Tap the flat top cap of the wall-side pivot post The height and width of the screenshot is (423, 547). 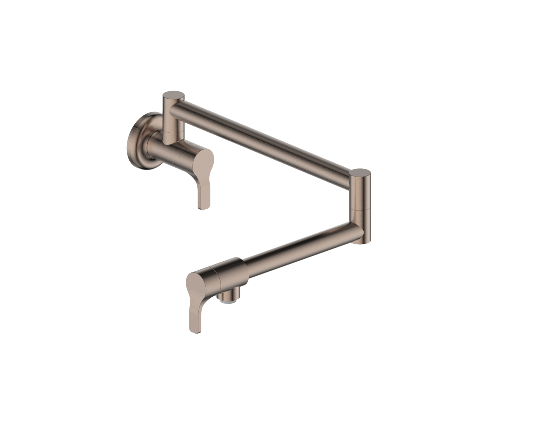[173, 95]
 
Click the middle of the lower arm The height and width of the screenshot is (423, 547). [299, 250]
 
